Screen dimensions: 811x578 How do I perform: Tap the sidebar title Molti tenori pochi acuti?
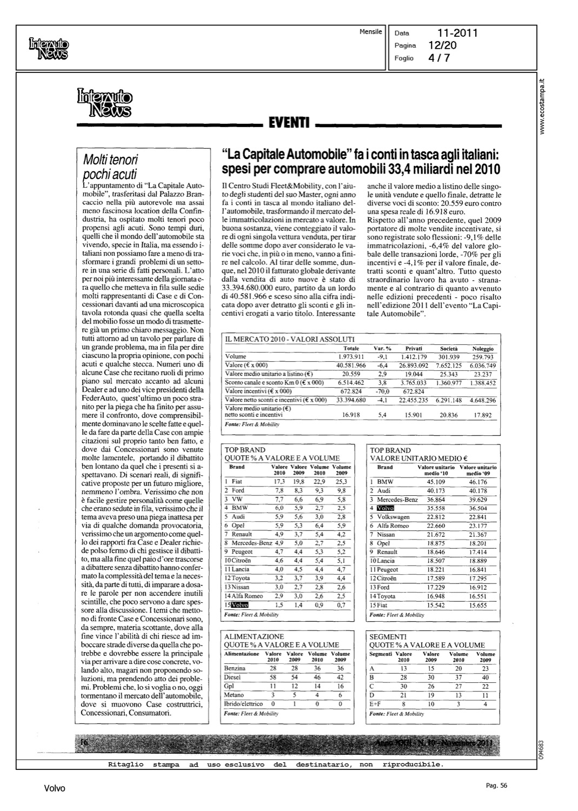[x=111, y=167]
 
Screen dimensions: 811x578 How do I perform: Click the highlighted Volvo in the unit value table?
[x=386, y=508]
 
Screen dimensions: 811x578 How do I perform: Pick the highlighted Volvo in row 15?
[x=240, y=605]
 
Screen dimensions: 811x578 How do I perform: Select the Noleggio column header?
[x=482, y=349]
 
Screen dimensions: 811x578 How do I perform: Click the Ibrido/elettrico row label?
[x=243, y=703]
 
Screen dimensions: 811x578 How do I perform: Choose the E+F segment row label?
[x=376, y=703]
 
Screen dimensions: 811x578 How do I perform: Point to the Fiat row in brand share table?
[x=237, y=481]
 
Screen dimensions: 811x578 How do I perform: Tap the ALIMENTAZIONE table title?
[x=254, y=636]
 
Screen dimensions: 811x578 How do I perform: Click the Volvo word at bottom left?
[x=55, y=788]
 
